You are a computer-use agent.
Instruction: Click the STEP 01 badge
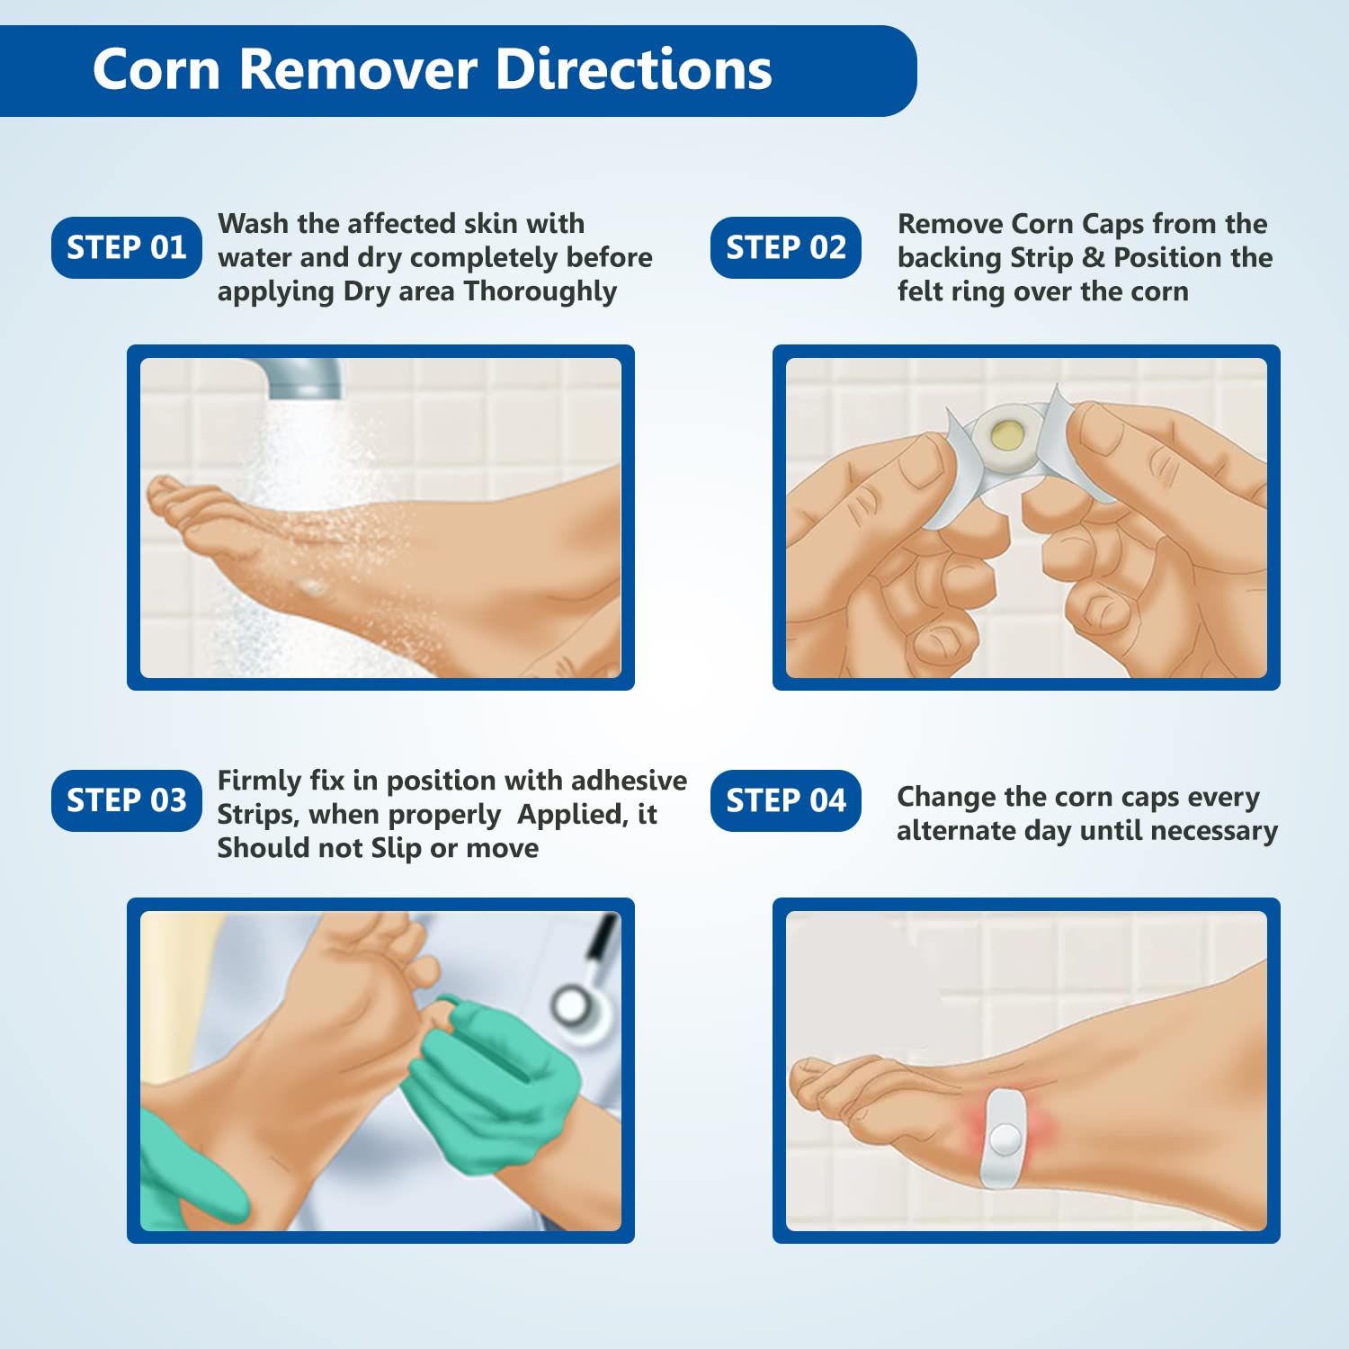click(127, 247)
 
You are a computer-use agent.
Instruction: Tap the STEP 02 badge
click(785, 247)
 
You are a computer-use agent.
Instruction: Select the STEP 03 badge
click(127, 800)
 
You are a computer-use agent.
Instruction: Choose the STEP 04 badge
click(785, 800)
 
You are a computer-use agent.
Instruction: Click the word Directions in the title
click(633, 69)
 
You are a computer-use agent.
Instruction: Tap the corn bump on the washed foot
click(313, 588)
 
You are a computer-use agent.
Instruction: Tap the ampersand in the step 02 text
click(1093, 258)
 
